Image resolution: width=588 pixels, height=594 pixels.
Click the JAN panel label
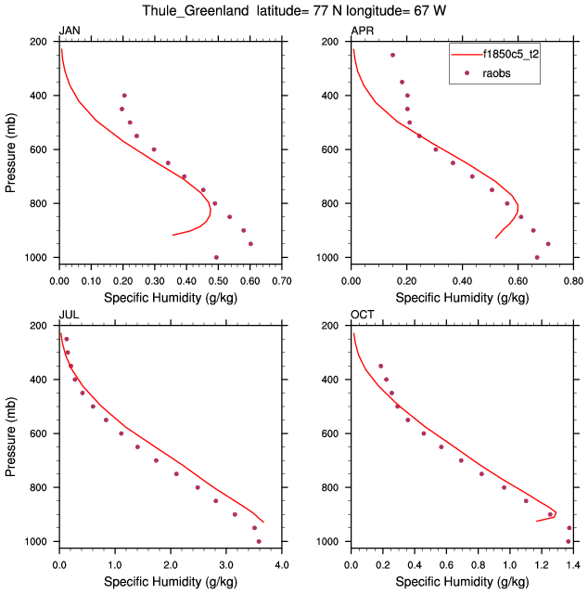[69, 31]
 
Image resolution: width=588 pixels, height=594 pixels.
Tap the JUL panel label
[69, 315]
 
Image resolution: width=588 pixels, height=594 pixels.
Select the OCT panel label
[363, 315]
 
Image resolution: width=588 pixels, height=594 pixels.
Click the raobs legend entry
[496, 73]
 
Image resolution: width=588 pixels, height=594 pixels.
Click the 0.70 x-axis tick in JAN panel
[282, 279]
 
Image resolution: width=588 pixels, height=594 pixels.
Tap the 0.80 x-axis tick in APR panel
[573, 279]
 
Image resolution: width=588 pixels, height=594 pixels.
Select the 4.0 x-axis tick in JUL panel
[282, 563]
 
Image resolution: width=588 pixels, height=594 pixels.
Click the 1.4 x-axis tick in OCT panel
[573, 563]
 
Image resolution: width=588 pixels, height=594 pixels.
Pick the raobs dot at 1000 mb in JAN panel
[216, 257]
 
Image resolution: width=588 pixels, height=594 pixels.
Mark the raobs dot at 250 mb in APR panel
[392, 55]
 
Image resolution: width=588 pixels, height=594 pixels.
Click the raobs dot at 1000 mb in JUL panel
[259, 541]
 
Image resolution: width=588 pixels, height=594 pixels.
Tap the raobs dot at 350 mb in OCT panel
[379, 366]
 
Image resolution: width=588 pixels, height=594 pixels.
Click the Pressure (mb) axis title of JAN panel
[10, 149]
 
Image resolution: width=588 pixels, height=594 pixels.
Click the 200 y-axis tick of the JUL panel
[42, 326]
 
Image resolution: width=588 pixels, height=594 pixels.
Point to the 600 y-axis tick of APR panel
[334, 149]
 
